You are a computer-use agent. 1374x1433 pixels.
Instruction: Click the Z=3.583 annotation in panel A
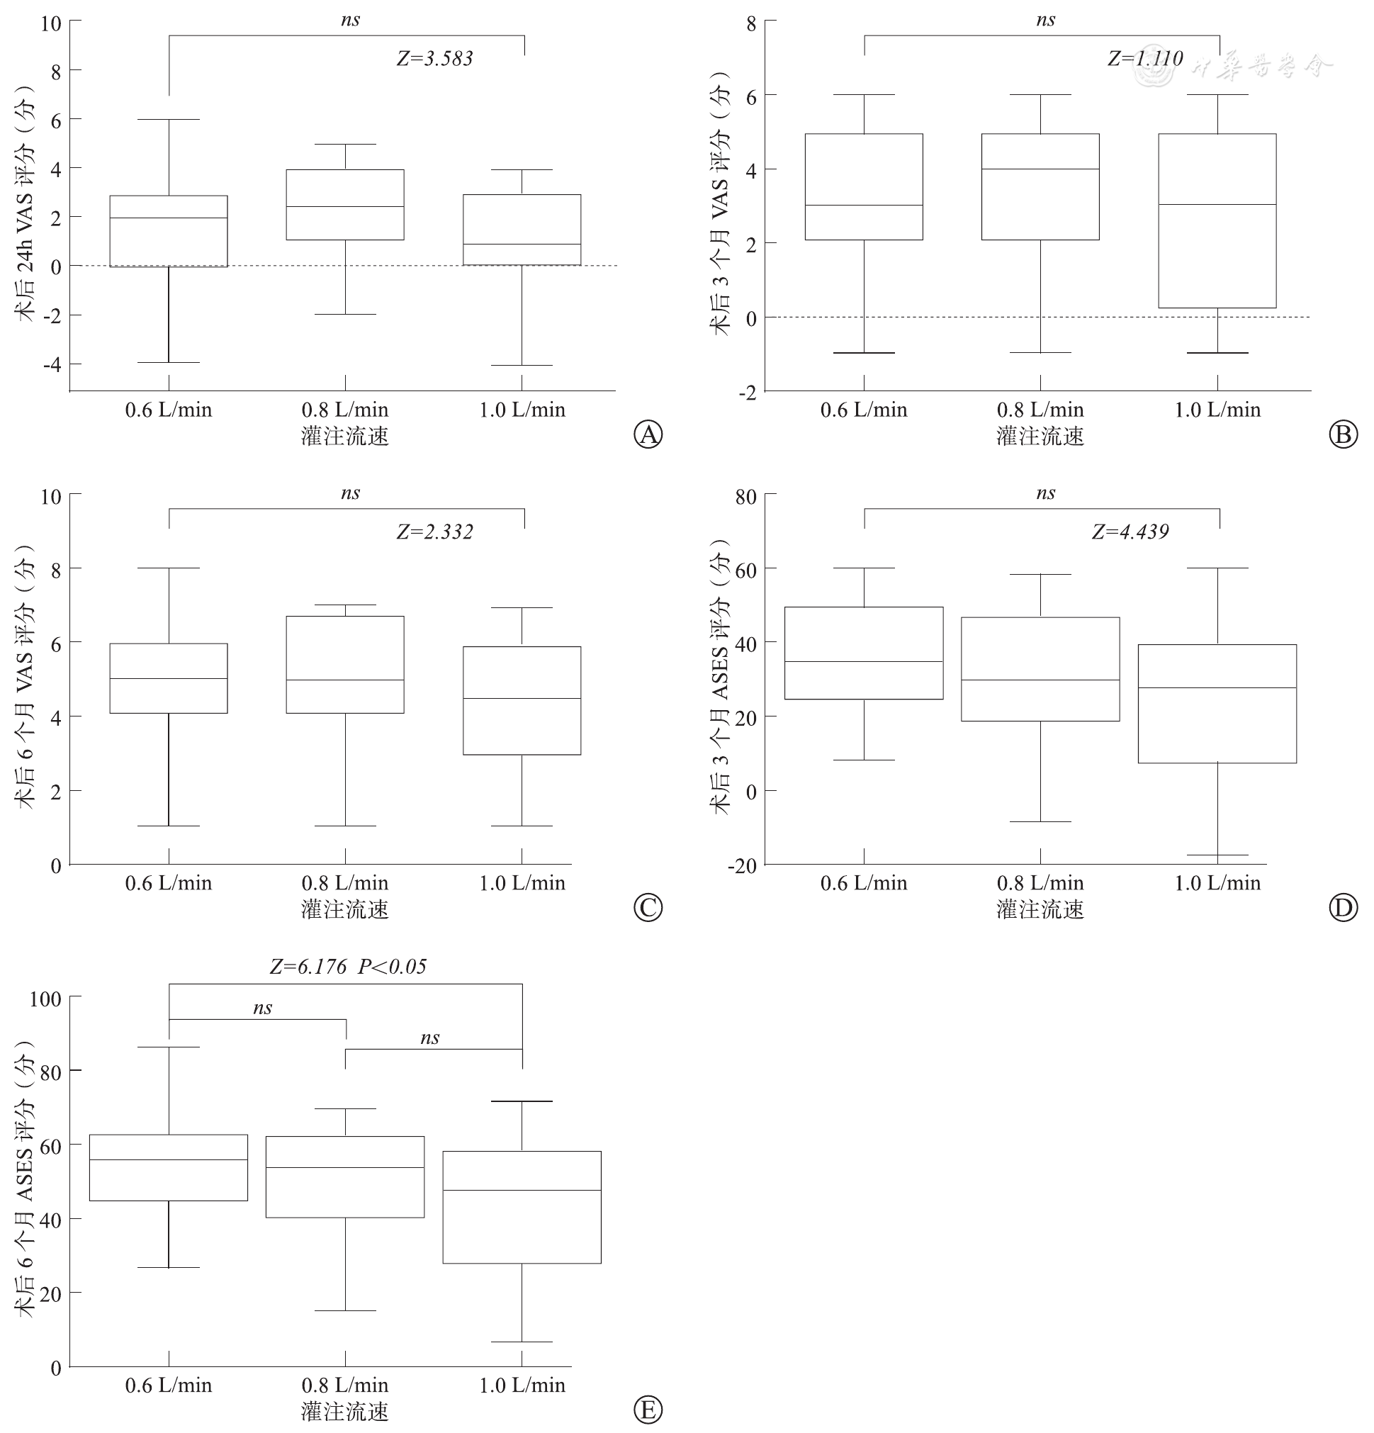[435, 59]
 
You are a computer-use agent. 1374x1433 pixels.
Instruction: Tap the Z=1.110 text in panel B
[1144, 59]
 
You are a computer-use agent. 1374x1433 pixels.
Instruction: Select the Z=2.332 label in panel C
[435, 532]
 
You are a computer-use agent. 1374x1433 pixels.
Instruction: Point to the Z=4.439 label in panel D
[1130, 532]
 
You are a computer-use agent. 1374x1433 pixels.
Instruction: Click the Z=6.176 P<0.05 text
[348, 967]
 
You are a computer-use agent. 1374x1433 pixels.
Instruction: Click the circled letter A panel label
[648, 434]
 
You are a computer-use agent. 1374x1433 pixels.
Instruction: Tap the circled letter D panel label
[1344, 907]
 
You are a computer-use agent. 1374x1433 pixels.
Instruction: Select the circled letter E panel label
[648, 1410]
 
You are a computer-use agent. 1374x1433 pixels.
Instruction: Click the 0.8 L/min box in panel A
[345, 205]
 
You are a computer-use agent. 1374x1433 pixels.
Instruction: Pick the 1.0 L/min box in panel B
[1217, 221]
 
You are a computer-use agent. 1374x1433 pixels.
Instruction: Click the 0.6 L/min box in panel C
[169, 678]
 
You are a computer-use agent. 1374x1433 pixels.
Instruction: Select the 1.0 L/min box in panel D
[1217, 703]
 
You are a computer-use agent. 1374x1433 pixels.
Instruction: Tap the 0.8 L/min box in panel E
[345, 1176]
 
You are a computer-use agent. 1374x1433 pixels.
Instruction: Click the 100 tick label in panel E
[45, 999]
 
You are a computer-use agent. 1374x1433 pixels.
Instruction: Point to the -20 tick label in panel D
[742, 865]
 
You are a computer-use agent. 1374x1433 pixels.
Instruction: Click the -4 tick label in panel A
[51, 364]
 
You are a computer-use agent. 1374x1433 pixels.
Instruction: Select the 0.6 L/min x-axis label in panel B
[864, 410]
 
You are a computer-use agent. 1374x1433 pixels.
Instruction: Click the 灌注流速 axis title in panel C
[345, 909]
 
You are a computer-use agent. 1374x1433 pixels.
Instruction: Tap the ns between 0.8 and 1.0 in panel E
[429, 1038]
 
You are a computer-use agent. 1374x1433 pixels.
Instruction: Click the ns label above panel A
[350, 20]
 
